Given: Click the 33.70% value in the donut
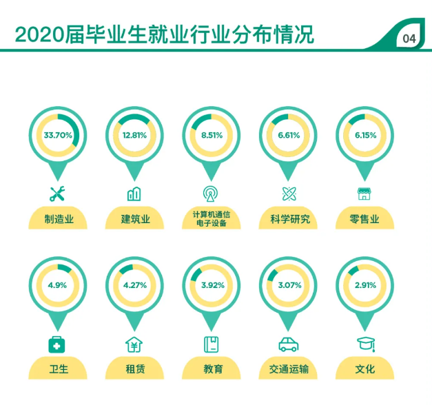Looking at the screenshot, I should coord(58,135).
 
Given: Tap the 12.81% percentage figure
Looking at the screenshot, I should coord(135,135).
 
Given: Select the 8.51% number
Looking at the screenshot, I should coord(212,135).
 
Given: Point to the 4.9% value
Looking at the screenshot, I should coord(58,285).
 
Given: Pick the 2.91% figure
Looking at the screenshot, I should coord(365,285).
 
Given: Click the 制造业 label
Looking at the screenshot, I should coord(58,220).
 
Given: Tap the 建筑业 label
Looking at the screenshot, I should coord(135,220).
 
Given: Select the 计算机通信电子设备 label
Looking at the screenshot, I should coord(212,219).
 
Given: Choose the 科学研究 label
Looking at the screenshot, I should coord(289,220).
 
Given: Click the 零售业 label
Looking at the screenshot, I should coord(365,220).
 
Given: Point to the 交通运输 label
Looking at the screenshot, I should coord(289,369).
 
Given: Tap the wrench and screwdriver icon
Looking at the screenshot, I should coord(57,193).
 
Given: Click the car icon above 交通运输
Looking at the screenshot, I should coord(288,344).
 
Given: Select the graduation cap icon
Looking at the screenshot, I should coord(365,343).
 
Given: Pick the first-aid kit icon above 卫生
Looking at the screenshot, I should coord(58,344).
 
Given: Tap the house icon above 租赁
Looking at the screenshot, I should coord(134,343).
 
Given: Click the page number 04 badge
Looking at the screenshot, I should coord(409,39).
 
